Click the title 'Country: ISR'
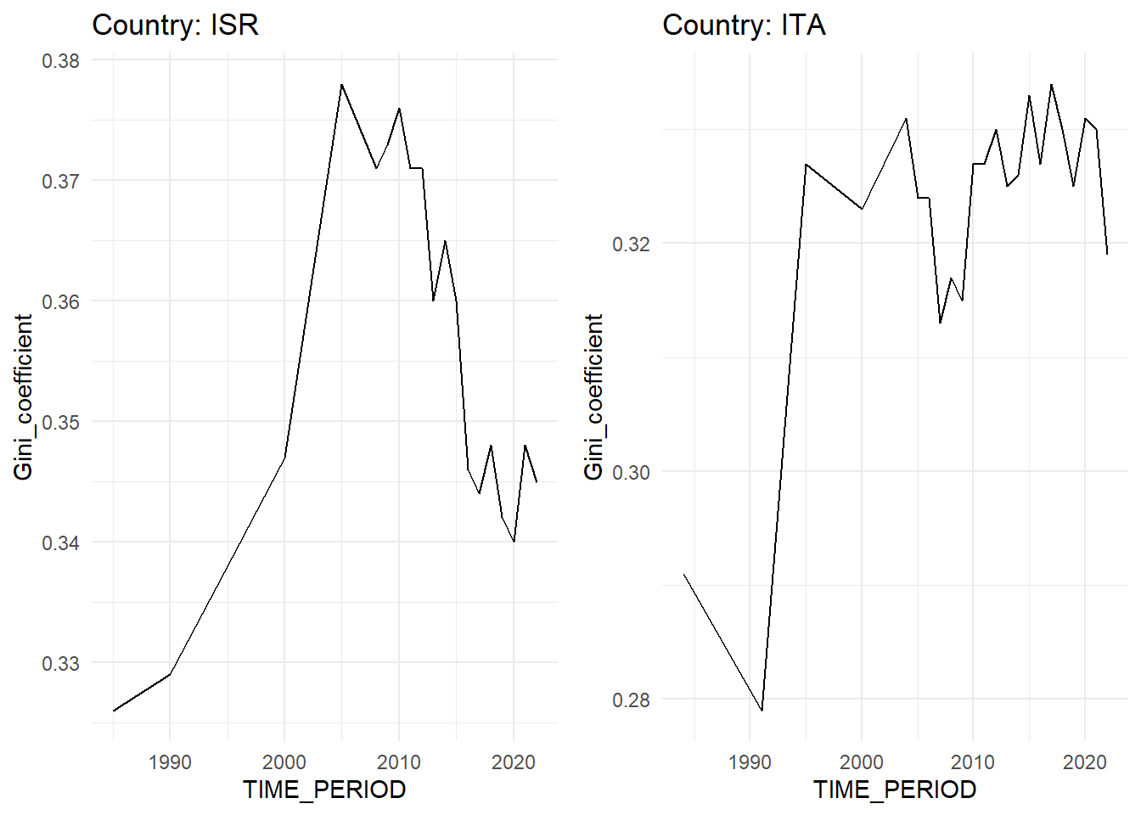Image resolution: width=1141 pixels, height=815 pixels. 175,25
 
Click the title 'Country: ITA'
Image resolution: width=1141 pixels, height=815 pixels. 744,25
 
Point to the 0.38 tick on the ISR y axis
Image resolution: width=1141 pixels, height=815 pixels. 61,61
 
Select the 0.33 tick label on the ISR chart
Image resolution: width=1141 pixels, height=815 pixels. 61,663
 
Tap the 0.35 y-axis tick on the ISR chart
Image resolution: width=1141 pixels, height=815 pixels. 61,422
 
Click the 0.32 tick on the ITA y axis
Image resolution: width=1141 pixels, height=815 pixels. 632,244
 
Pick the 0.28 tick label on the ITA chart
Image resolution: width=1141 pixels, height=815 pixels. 632,700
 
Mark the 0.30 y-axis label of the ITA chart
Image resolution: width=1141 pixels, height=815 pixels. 632,472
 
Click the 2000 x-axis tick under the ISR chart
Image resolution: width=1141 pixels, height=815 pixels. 284,762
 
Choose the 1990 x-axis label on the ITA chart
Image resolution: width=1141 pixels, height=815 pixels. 750,762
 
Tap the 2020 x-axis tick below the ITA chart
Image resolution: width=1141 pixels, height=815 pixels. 1085,762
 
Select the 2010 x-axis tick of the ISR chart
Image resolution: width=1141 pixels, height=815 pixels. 399,762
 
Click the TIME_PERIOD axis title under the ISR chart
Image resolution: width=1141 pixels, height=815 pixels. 324,790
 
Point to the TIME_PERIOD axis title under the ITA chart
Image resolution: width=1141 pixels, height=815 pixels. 895,790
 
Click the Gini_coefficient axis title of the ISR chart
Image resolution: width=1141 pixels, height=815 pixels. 23,396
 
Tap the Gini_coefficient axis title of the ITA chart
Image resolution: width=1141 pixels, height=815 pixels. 593,396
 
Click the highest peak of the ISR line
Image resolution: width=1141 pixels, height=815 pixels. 341,85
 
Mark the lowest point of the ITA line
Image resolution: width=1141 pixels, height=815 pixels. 762,710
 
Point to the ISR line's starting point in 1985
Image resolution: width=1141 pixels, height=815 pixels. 114,711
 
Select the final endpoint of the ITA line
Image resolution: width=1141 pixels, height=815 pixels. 1107,254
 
